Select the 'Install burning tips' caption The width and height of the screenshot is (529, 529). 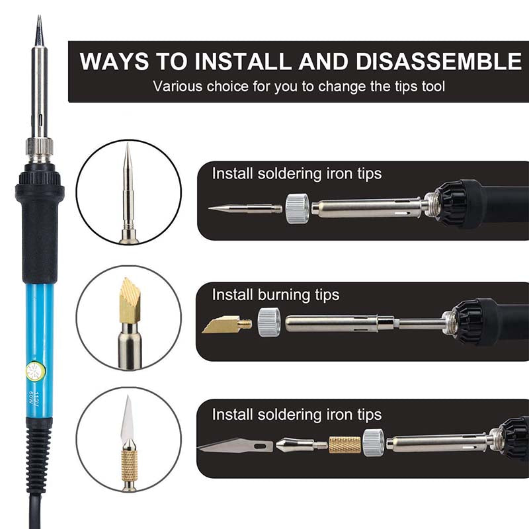pos(275,295)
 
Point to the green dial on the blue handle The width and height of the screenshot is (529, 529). pos(34,372)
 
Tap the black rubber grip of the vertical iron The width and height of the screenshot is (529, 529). pos(40,231)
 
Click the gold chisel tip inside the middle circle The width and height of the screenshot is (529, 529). pos(129,298)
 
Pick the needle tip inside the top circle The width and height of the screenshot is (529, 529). pos(128,179)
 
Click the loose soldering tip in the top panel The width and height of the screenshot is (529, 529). pos(245,208)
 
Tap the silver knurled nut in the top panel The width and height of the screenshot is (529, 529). pos(297,208)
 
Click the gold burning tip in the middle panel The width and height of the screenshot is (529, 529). pos(225,324)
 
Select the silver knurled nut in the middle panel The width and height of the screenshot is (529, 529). pos(268,323)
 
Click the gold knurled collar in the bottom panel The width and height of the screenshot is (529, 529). pos(345,444)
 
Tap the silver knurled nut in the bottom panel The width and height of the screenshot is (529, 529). pos(374,442)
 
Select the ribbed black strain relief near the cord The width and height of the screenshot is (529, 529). pos(40,456)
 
